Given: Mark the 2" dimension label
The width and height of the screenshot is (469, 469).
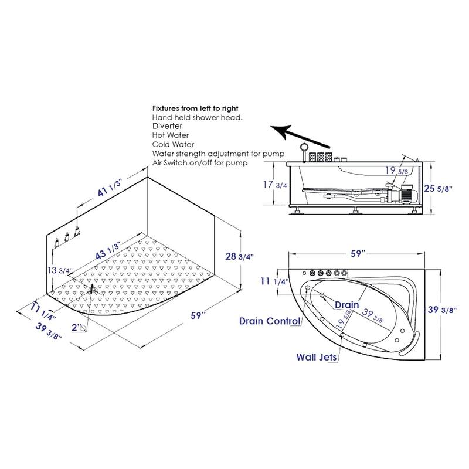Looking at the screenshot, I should (x=77, y=327).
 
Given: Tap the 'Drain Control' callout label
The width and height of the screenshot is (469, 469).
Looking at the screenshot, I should (x=270, y=321).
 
